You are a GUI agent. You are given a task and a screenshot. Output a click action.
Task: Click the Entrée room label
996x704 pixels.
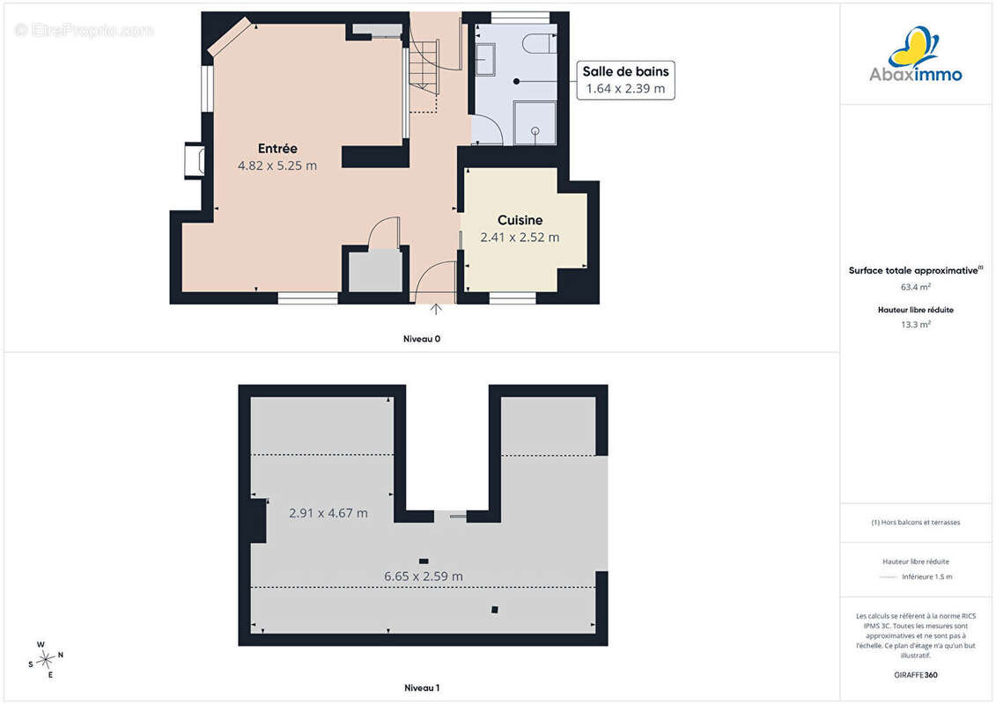pos(277,149)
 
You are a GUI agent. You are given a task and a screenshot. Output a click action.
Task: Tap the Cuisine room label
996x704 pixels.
pos(520,220)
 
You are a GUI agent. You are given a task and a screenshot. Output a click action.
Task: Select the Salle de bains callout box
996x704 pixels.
pos(625,80)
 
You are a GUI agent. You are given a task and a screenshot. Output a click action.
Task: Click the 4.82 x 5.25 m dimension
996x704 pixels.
pos(277,165)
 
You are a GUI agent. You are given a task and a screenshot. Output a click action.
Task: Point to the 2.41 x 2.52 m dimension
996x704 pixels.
pos(520,238)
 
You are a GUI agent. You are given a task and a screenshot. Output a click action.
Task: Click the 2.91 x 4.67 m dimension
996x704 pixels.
pos(328,513)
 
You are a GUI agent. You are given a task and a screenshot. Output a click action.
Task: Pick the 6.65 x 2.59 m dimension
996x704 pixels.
pos(424,576)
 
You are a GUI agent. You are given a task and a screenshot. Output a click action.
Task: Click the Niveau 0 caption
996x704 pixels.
pos(422,339)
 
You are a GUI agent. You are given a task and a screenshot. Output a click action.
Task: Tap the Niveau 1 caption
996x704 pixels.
pos(422,687)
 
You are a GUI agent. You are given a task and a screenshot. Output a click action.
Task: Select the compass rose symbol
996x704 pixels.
pos(46,660)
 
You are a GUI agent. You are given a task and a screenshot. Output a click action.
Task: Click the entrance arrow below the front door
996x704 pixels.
pos(436,309)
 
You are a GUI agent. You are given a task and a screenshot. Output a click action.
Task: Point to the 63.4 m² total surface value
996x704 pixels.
pos(915,287)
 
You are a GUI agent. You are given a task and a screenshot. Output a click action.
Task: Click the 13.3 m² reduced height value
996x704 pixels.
pos(915,325)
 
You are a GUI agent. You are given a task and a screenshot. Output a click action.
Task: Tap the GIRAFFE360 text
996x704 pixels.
pos(915,675)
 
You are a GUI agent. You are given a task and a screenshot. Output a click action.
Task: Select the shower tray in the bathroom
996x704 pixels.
pos(535,122)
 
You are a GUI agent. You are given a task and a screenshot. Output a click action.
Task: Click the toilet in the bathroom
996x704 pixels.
pos(539,42)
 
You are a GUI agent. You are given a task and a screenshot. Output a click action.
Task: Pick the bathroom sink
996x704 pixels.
pos(485,60)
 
